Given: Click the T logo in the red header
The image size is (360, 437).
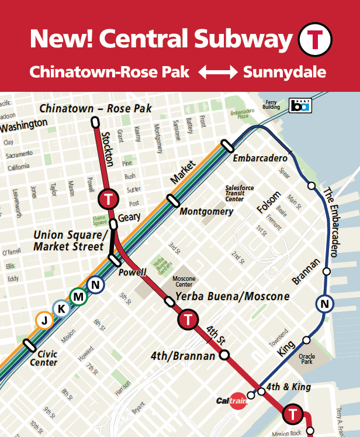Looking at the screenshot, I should coord(315,39).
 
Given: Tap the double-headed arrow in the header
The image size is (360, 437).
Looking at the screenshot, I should coord(217,73).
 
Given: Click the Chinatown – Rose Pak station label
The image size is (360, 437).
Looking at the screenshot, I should coord(95,108).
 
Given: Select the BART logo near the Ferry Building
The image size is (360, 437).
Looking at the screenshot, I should coord(301,105).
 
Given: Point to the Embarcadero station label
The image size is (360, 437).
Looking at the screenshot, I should coord(260,159).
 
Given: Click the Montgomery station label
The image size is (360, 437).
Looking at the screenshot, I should coord(206,211).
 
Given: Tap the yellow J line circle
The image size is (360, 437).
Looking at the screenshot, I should coord(43,319).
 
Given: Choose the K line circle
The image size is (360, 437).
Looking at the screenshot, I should coord(60,308).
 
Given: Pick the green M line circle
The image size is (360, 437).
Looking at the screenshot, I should coord(78,297).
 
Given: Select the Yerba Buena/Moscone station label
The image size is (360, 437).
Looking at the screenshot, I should coord(232,297).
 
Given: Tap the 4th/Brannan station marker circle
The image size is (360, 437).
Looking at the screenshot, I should coord(224,355).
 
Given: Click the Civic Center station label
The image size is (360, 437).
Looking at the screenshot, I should coord(47,358).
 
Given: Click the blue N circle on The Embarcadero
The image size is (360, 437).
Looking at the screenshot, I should coord(324,304).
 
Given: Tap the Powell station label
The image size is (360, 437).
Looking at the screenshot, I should coord(132,273).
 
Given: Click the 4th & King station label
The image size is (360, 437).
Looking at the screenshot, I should coord(288,387).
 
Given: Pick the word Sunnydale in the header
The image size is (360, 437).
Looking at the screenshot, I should coord(285,73).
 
